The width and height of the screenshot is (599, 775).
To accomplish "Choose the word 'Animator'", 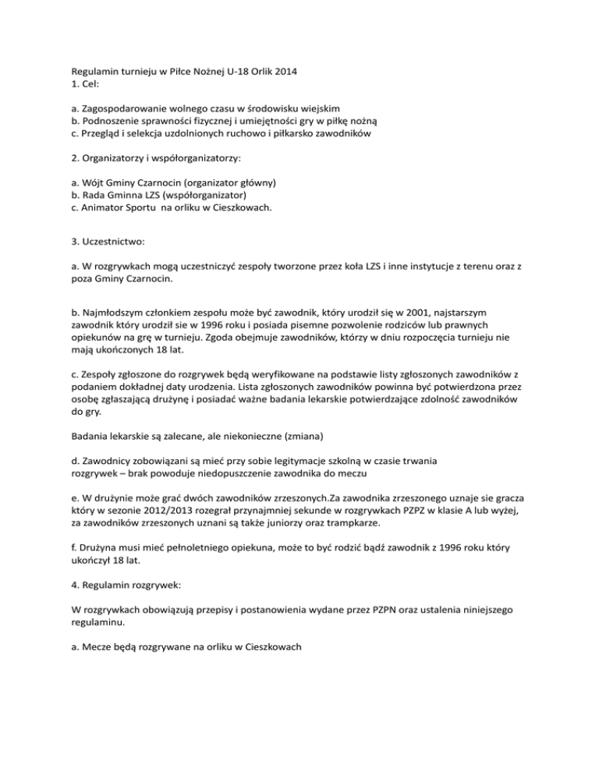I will pyautogui.click(x=106, y=210).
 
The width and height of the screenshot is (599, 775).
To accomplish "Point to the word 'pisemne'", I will pyautogui.click(x=324, y=331).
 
